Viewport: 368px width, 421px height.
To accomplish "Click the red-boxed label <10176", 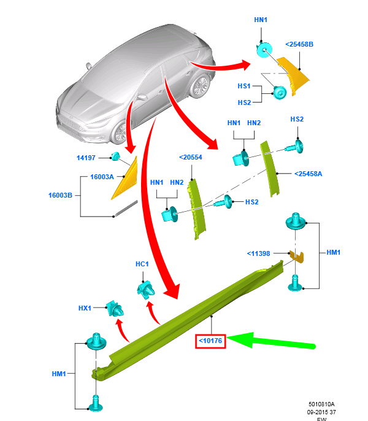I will pyautogui.click(x=211, y=339).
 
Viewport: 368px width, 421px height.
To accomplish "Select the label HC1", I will pyautogui.click(x=142, y=264).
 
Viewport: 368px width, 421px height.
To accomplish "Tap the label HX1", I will pyautogui.click(x=85, y=307).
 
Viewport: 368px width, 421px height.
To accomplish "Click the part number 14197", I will pyautogui.click(x=86, y=158).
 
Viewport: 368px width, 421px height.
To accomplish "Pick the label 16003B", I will pyautogui.click(x=61, y=196).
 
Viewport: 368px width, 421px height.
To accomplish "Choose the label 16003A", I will pyautogui.click(x=102, y=177).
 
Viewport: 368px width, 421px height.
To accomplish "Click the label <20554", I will pyautogui.click(x=190, y=158).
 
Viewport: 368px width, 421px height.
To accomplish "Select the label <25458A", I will pyautogui.click(x=309, y=174).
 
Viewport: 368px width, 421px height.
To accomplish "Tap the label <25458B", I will pyautogui.click(x=299, y=44).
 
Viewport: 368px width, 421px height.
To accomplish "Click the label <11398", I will pyautogui.click(x=259, y=253).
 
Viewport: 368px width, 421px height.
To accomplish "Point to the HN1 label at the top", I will pyautogui.click(x=261, y=20).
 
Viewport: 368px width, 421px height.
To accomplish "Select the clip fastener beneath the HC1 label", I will pyautogui.click(x=147, y=288).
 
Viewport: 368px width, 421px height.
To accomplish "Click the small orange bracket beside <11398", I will pyautogui.click(x=297, y=256).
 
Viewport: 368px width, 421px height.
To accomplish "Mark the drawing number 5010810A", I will pyautogui.click(x=321, y=404).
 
